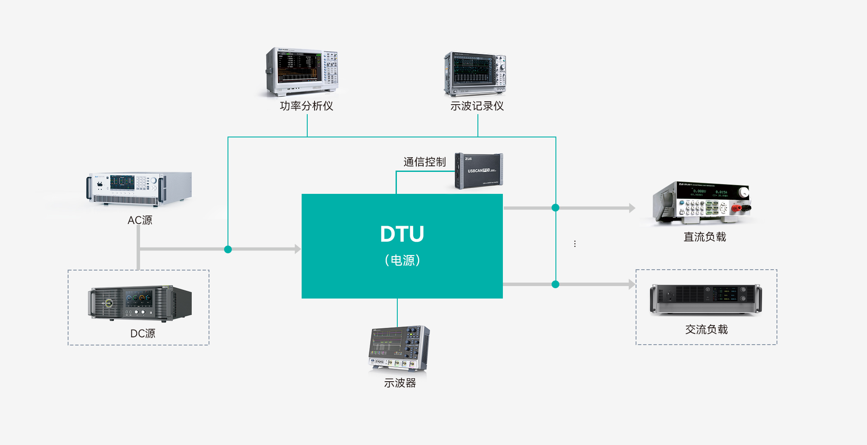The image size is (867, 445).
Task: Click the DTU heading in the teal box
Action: [402, 234]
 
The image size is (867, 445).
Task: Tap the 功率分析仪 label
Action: [306, 106]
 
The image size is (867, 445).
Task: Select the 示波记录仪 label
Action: [477, 106]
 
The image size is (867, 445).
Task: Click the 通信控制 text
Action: [424, 162]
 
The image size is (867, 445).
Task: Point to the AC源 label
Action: [140, 220]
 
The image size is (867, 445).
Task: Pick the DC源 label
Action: [143, 333]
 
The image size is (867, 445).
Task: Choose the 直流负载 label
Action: [705, 237]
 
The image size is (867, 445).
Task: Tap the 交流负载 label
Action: [706, 330]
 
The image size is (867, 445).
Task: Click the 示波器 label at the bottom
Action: [400, 383]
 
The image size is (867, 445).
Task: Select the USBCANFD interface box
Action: [479, 171]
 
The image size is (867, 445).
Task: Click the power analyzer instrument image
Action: [302, 72]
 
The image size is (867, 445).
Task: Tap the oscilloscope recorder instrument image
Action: [475, 74]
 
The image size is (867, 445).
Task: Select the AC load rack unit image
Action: [706, 299]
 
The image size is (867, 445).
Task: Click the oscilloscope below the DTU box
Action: [399, 349]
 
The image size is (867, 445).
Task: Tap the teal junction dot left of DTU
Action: [228, 249]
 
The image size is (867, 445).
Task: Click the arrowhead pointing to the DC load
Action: [632, 208]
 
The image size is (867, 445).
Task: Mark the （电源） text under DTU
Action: [402, 260]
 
